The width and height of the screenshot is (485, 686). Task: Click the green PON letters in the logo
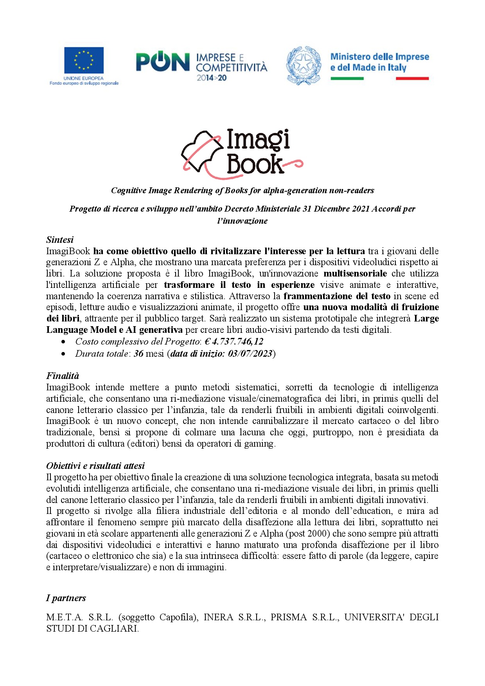163,63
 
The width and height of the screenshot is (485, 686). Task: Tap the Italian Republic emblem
304,65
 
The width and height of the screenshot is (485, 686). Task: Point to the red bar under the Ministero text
412,79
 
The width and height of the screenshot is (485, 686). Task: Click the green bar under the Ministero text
347,79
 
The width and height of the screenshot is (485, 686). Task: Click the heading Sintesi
60,240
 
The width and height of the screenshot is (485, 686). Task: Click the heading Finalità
63,376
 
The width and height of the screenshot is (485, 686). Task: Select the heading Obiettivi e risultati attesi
95,466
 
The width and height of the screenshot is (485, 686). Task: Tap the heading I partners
66,598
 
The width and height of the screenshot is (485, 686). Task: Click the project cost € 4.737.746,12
234,341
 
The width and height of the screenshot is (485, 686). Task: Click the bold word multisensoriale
355,273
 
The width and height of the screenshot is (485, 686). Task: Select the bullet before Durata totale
63,354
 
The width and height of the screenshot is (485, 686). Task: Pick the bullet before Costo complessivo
63,342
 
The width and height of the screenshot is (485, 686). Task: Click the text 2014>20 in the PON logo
212,78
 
